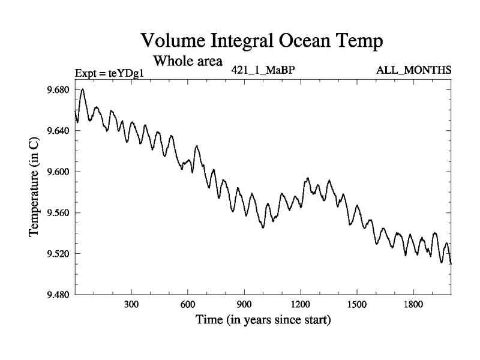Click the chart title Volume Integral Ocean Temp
(262, 41)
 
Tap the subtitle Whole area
(188, 61)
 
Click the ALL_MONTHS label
(414, 70)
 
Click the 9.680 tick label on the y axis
(58, 90)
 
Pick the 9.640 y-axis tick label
(58, 131)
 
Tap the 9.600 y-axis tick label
(58, 172)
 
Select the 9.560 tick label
(58, 212)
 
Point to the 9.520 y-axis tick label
(58, 253)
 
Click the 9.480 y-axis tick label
(58, 294)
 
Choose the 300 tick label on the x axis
(131, 304)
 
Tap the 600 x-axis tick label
(188, 304)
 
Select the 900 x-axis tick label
(244, 304)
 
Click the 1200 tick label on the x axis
(301, 304)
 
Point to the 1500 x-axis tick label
(357, 304)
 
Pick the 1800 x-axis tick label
(413, 304)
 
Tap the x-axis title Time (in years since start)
(263, 320)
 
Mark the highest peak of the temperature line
(83, 89)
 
